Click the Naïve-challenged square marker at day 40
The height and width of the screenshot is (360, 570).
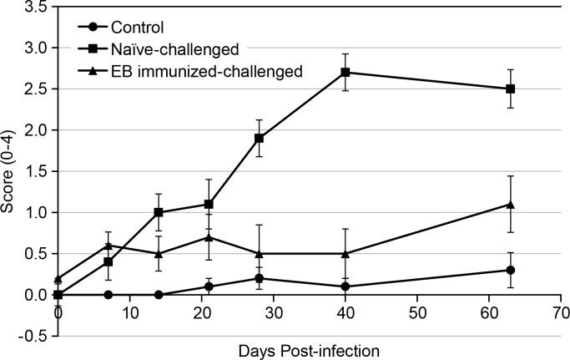pos(346,72)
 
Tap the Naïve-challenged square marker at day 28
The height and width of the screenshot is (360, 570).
pos(260,138)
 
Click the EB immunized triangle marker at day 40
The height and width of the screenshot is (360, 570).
pos(346,253)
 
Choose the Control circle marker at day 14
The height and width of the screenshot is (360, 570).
pos(159,295)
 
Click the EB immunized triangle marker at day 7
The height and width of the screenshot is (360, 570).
pos(108,245)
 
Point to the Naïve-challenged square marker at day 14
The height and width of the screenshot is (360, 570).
pos(159,212)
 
